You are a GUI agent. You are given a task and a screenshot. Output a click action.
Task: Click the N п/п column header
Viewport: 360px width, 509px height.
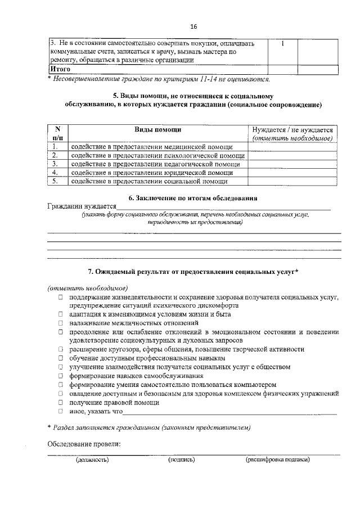[x=57, y=133]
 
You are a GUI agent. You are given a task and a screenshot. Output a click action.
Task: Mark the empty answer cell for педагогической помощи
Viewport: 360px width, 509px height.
[x=294, y=164]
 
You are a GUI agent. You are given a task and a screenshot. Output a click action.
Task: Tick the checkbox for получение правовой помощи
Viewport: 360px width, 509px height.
[x=60, y=402]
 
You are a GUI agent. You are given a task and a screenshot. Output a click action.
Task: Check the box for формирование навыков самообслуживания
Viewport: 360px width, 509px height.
[x=60, y=376]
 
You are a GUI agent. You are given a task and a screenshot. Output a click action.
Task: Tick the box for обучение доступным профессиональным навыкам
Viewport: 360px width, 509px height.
[x=60, y=358]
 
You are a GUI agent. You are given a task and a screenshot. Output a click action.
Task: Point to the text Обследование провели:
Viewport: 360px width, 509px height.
[x=84, y=444]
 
